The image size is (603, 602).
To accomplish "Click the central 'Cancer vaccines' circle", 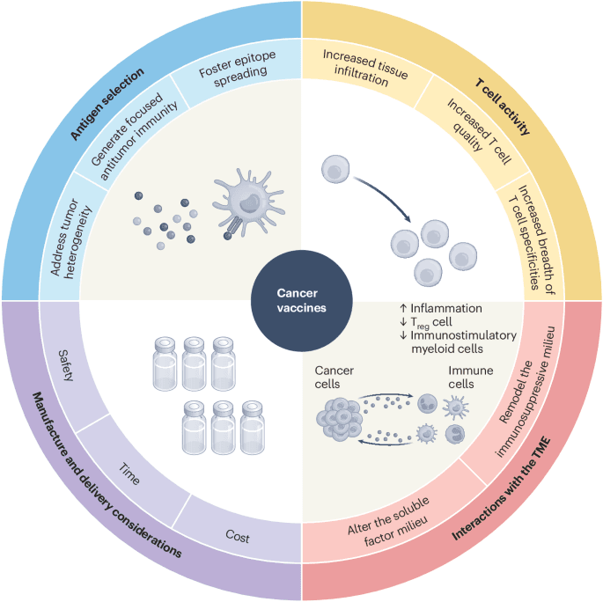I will (x=301, y=301).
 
